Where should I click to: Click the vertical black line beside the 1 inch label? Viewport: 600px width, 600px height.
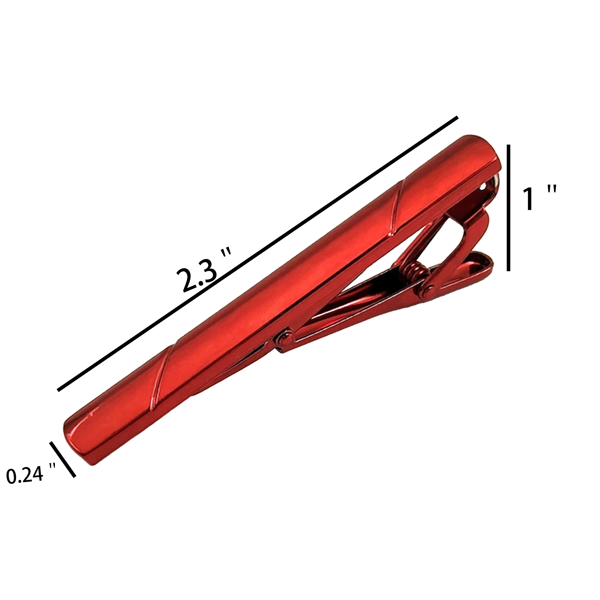pyautogui.click(x=508, y=208)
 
